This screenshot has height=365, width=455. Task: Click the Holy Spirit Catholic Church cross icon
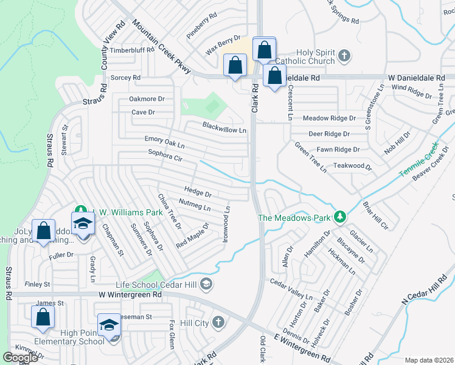click(x=344, y=57)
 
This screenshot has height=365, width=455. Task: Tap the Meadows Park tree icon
click(x=341, y=217)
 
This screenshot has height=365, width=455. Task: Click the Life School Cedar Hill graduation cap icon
click(x=206, y=284)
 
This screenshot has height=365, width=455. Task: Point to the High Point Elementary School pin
click(x=109, y=325)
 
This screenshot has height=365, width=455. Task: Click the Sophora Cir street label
click(x=165, y=156)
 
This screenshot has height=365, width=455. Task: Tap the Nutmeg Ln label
click(x=195, y=204)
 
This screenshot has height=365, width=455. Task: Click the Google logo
click(x=21, y=357)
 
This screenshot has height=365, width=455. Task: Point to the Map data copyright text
click(x=428, y=360)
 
